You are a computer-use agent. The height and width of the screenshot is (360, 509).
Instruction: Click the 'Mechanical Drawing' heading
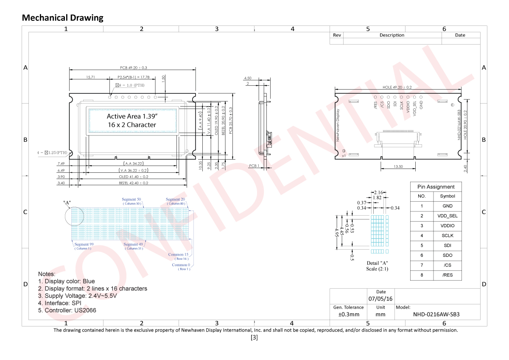(62, 17)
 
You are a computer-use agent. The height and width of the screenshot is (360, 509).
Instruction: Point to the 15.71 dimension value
(90, 77)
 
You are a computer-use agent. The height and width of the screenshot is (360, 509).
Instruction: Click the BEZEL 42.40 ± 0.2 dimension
(133, 183)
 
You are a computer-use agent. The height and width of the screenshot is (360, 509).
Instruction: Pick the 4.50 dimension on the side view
(248, 78)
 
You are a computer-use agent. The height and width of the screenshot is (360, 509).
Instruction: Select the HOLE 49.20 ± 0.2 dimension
(397, 87)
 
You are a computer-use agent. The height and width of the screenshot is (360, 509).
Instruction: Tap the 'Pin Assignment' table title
(436, 187)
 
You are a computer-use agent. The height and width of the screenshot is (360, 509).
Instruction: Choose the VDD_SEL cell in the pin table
(447, 216)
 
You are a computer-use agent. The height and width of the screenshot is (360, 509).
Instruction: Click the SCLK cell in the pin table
(447, 236)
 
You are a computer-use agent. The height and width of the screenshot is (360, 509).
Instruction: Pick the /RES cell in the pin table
(447, 275)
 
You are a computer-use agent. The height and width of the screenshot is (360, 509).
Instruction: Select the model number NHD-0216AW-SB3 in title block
(436, 315)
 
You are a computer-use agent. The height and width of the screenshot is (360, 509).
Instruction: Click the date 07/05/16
(380, 298)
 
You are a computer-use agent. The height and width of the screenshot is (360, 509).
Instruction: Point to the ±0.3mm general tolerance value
(348, 315)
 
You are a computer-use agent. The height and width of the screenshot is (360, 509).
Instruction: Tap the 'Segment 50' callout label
(131, 200)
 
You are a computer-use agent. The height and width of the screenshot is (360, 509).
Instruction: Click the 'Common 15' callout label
(178, 255)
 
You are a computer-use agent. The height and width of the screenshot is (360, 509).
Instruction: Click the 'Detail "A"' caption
(377, 263)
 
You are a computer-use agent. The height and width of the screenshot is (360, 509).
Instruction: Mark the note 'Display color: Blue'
(67, 281)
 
